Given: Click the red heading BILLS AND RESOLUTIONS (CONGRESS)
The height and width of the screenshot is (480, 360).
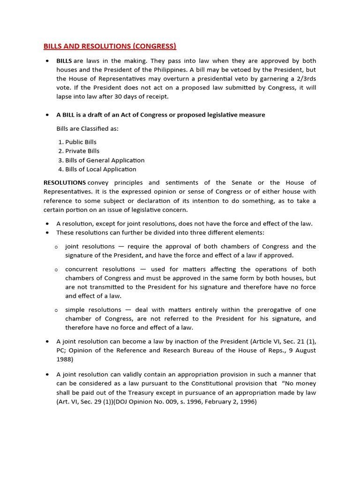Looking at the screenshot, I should pyautogui.click(x=110, y=46).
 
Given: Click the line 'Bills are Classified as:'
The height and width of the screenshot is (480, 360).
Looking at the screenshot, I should pyautogui.click(x=88, y=128).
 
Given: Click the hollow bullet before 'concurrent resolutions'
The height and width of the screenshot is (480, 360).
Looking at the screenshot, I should pyautogui.click(x=56, y=270).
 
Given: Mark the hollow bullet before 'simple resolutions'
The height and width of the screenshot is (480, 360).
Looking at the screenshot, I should pyautogui.click(x=56, y=310).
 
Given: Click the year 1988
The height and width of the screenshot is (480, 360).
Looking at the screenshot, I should pyautogui.click(x=64, y=360).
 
